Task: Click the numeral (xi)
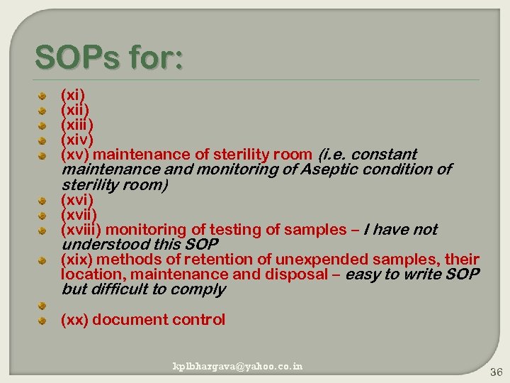click(73, 94)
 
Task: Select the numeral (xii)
click(75, 109)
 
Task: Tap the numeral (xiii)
click(76, 124)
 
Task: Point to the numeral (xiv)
click(76, 139)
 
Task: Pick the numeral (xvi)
click(76, 199)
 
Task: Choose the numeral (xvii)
click(79, 214)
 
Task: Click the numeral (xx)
click(74, 320)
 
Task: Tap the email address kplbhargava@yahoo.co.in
click(238, 366)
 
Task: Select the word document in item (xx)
click(127, 320)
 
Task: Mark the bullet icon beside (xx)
click(43, 321)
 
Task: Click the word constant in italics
click(384, 154)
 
